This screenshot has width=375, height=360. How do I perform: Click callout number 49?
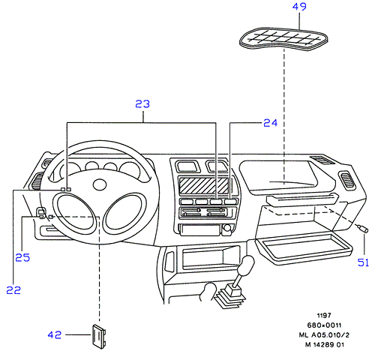click(x=299, y=7)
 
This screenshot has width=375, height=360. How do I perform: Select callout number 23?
click(x=142, y=104)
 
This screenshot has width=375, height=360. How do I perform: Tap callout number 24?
click(x=271, y=123)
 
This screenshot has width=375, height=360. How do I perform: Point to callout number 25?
click(x=22, y=257)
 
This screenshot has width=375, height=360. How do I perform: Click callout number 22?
click(x=13, y=290)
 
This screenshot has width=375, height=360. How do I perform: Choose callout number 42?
click(x=55, y=334)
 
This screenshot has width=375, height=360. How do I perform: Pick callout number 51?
click(x=363, y=262)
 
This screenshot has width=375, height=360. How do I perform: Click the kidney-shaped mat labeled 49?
click(x=283, y=39)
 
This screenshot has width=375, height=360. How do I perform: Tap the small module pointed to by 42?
click(x=99, y=336)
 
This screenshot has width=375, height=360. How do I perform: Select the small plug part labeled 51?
click(x=363, y=229)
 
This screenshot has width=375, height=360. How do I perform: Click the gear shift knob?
click(x=246, y=265)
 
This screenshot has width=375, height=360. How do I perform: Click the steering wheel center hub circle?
click(x=100, y=184)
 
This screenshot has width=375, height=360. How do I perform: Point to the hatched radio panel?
click(x=204, y=185)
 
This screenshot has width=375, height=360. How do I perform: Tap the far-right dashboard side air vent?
click(x=347, y=180)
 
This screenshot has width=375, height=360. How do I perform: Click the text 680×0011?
click(x=324, y=325)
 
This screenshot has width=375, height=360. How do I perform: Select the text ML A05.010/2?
click(x=324, y=334)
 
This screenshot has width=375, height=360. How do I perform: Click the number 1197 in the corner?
click(x=324, y=316)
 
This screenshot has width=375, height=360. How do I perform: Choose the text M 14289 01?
click(x=324, y=345)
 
